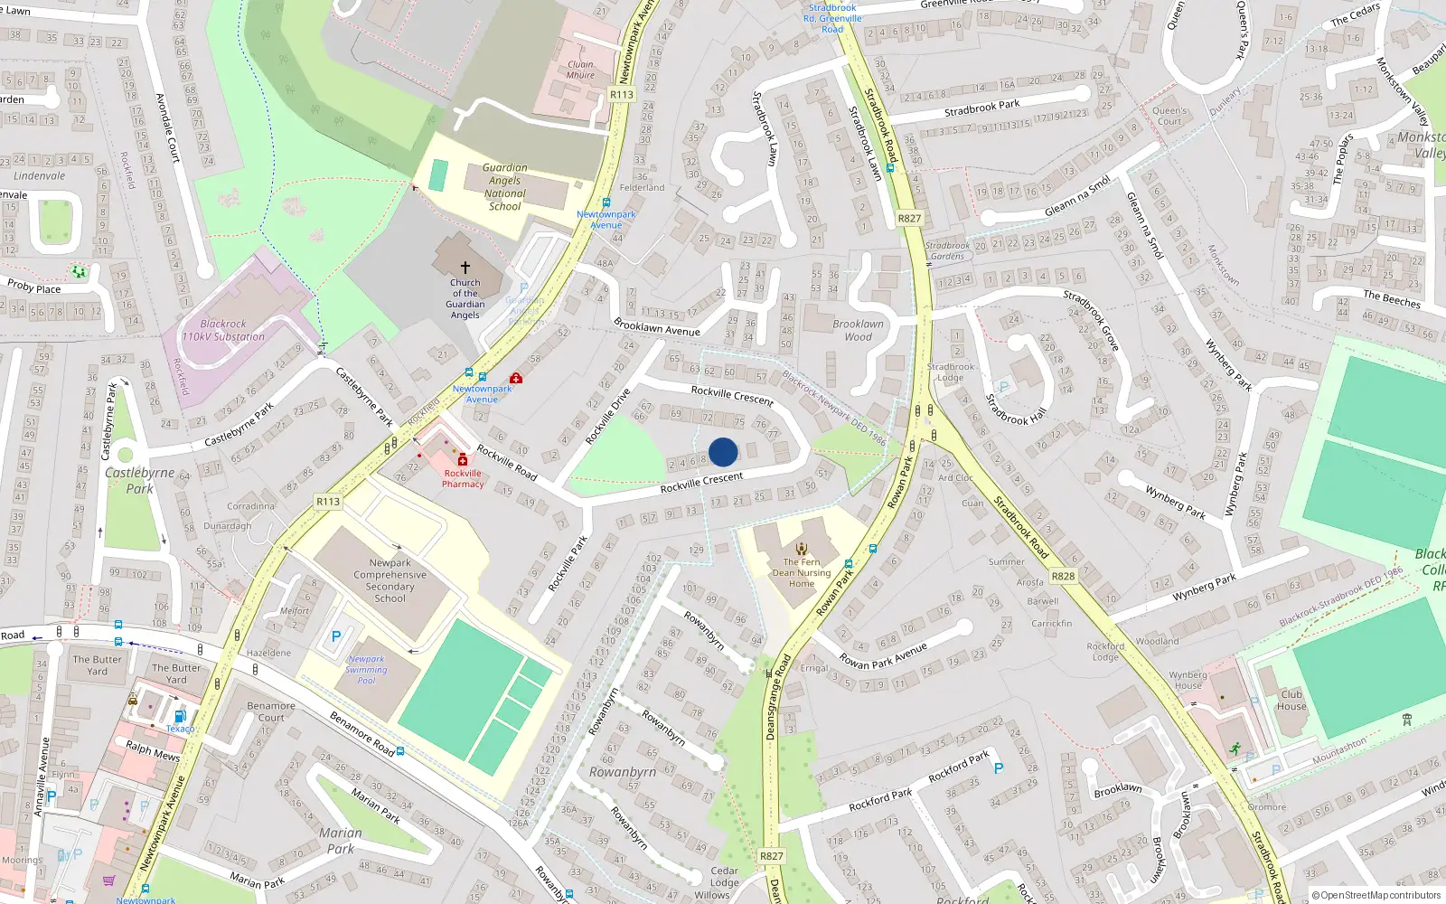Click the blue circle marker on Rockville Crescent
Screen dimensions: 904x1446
pyautogui.click(x=723, y=452)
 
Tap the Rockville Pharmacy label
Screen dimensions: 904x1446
pyautogui.click(x=463, y=478)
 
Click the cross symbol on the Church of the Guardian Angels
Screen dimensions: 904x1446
pyautogui.click(x=465, y=268)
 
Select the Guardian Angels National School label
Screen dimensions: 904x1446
pyautogui.click(x=504, y=187)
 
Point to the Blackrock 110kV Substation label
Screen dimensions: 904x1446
pyautogui.click(x=223, y=330)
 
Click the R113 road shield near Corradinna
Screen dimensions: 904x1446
pyautogui.click(x=328, y=502)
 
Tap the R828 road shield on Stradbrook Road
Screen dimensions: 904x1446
pyautogui.click(x=1064, y=576)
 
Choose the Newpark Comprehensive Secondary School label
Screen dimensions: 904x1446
pyautogui.click(x=390, y=579)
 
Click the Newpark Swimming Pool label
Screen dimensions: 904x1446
pyautogui.click(x=366, y=670)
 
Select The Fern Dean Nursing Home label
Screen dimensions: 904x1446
pyautogui.click(x=802, y=572)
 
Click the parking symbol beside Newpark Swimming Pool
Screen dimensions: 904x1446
pyautogui.click(x=336, y=636)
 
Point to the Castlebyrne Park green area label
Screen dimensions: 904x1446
pyautogui.click(x=139, y=480)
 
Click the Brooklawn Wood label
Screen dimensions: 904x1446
pyautogui.click(x=859, y=330)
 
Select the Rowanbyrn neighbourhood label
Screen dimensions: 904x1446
pyautogui.click(x=623, y=772)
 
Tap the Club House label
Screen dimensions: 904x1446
pyautogui.click(x=1291, y=701)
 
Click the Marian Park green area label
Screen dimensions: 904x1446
pyautogui.click(x=341, y=841)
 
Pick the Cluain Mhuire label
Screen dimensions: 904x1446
pyautogui.click(x=580, y=70)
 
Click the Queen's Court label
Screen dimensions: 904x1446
pyautogui.click(x=1170, y=116)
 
